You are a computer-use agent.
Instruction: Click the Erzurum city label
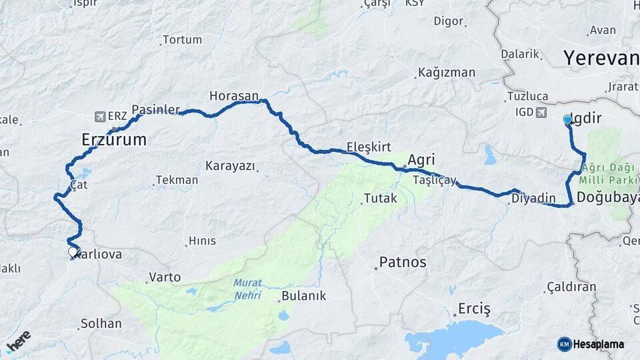[113, 140]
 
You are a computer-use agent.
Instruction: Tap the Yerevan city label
[601, 58]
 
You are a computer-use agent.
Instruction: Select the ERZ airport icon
[100, 116]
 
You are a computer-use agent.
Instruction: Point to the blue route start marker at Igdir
[567, 120]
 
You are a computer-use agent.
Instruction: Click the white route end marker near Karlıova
[72, 252]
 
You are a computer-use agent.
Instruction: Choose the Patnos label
[403, 261]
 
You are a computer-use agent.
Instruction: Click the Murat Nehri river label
[247, 288]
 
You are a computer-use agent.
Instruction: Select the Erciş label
[474, 309]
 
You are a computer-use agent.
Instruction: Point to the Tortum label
[182, 40]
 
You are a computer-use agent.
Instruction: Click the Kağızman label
[446, 73]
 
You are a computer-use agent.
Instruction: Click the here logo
[18, 340]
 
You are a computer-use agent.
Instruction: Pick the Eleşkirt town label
[369, 147]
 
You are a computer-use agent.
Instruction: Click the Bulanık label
[303, 296]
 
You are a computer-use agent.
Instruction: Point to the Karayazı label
[230, 165]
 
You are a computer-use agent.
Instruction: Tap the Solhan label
[101, 323]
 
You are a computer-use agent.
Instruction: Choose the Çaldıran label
[571, 287]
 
